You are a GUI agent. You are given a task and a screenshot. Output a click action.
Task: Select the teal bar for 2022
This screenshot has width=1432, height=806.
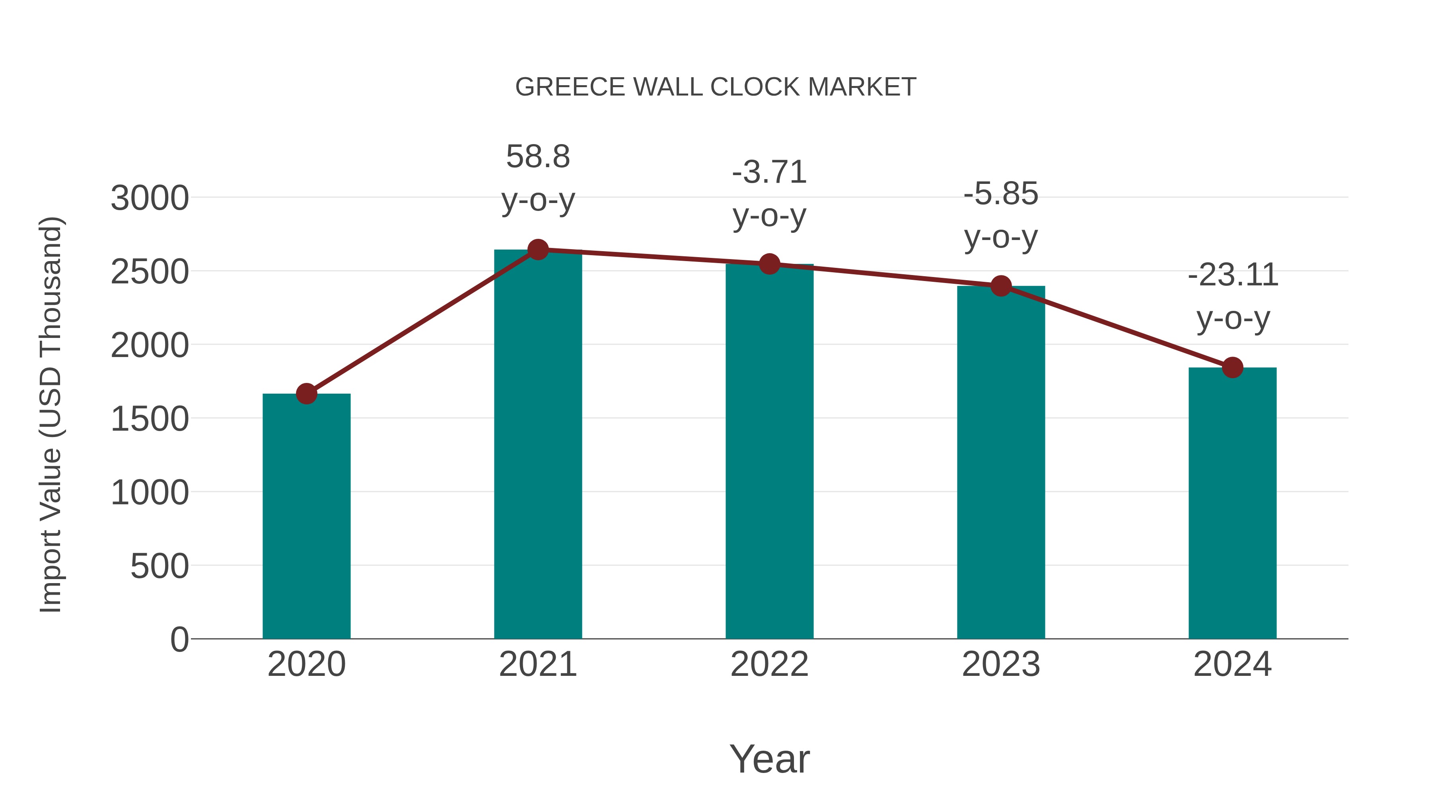(769, 451)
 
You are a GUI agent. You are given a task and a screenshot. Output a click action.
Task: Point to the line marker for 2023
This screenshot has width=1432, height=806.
(1001, 286)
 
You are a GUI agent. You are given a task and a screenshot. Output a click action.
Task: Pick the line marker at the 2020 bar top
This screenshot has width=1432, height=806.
(306, 394)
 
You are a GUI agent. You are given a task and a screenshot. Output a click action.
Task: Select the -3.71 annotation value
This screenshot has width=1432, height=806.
(769, 172)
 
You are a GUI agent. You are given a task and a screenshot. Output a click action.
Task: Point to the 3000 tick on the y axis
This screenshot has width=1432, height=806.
(150, 198)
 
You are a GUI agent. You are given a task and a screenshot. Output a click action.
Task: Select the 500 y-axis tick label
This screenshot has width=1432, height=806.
(160, 566)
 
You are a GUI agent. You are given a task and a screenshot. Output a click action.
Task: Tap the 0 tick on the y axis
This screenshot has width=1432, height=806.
(179, 640)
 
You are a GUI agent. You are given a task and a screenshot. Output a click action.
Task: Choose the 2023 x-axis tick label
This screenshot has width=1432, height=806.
(1001, 664)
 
